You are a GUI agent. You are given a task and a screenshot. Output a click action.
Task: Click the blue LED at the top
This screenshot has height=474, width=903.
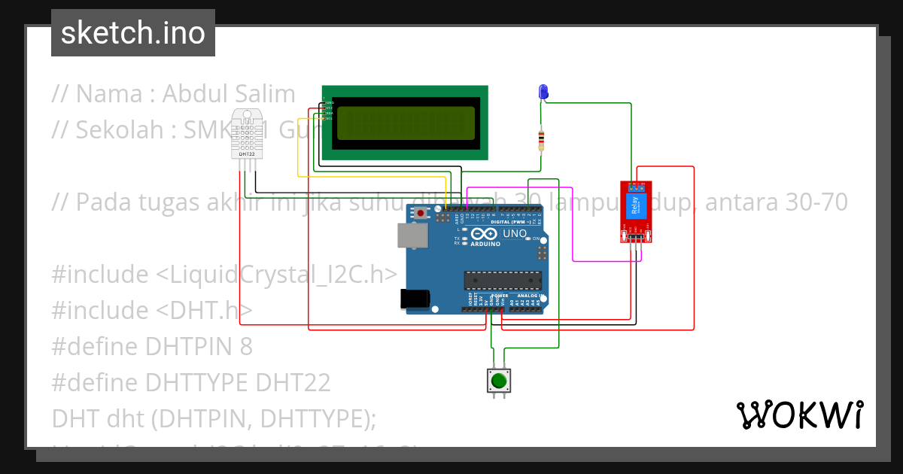[x=543, y=92]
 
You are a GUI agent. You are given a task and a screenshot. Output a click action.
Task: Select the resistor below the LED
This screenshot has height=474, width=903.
[x=540, y=139]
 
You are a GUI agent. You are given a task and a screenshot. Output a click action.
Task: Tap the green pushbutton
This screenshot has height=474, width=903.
[x=498, y=381]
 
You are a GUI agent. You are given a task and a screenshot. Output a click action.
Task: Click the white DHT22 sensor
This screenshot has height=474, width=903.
[x=248, y=133]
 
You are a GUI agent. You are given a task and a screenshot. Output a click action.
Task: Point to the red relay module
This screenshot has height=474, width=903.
[x=635, y=211]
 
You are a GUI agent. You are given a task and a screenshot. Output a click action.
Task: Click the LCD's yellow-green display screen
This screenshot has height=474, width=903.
[x=405, y=123]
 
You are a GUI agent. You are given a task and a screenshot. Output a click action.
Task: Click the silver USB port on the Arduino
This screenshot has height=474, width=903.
[x=410, y=235]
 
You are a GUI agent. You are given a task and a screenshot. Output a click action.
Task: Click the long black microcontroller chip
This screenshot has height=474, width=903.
[x=502, y=281]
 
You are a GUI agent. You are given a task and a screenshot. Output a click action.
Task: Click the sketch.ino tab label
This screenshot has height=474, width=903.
[x=133, y=33]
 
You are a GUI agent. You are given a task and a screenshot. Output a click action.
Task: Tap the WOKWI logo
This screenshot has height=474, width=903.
[x=799, y=415]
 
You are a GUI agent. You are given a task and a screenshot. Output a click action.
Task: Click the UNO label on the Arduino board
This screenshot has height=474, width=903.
[x=515, y=233]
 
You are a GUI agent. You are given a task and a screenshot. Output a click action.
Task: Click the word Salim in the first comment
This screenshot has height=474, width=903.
[x=266, y=94]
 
